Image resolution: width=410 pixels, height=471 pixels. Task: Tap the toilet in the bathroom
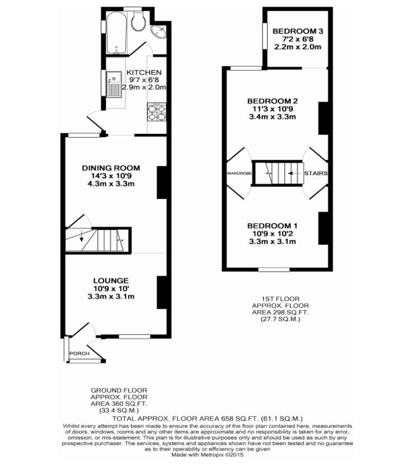coord(138,22)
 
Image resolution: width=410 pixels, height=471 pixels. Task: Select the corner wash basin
coord(160,31)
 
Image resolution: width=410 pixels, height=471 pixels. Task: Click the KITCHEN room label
coord(144,73)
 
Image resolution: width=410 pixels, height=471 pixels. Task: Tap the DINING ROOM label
coord(111,168)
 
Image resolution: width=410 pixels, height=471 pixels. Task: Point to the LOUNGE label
coord(111,281)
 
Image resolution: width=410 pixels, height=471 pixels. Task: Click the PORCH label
coord(80,354)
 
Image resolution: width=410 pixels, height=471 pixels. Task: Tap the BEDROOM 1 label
coord(272,226)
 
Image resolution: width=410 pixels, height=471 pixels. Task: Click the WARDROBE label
coord(239,174)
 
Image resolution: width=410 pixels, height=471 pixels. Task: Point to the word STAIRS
coord(315,174)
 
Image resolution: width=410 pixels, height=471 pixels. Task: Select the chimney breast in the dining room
coord(161,183)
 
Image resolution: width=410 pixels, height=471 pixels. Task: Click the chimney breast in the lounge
coord(161,293)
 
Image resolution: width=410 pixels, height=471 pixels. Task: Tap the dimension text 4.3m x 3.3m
coord(111,184)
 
